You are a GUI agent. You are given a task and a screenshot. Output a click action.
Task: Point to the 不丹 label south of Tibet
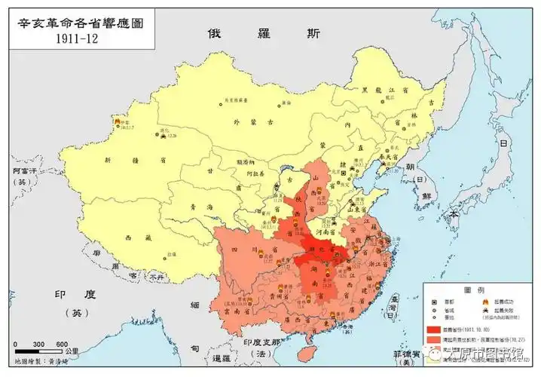click(156, 277)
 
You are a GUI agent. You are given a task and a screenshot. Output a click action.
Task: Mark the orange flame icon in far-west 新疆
click(115, 121)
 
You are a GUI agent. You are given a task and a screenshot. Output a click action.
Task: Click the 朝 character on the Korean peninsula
click(410, 167)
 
